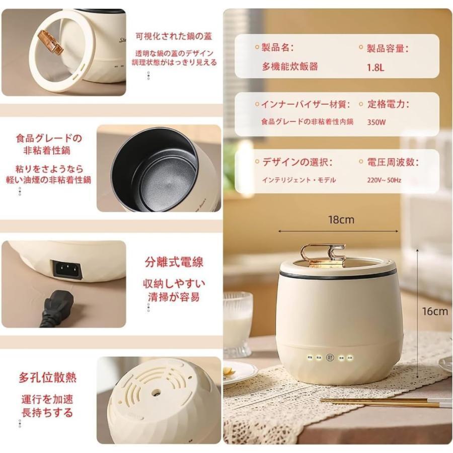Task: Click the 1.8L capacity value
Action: (x=375, y=66)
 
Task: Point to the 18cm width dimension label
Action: (x=341, y=219)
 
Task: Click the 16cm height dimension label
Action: (x=434, y=312)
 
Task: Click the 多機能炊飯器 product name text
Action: (x=289, y=66)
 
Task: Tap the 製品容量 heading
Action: (x=388, y=48)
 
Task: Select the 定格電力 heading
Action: (x=388, y=105)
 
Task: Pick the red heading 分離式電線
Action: (x=174, y=262)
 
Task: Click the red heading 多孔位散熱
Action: (x=48, y=377)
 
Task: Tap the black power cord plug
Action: (x=57, y=310)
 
